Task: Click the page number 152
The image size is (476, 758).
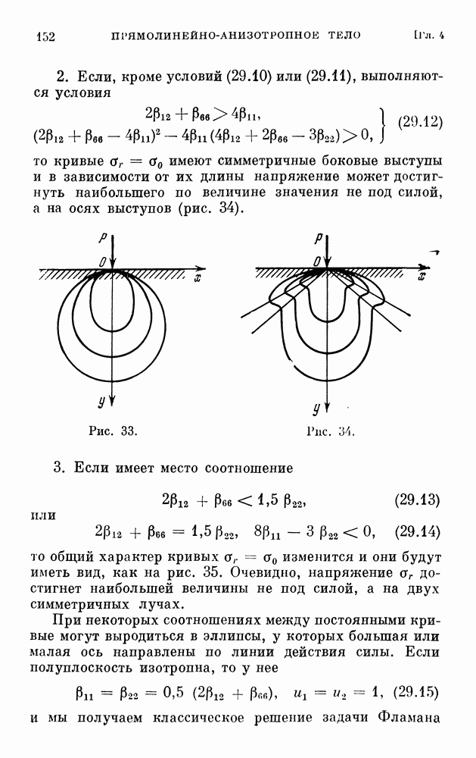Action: coord(46,36)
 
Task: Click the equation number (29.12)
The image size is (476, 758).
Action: coord(420,121)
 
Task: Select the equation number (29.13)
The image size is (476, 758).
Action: coord(417,500)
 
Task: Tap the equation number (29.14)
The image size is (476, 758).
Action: coord(417,532)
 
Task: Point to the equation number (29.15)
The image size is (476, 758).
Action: coord(415,693)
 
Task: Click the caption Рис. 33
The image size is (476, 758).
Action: coord(114,431)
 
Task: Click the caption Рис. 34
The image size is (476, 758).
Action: coord(331,431)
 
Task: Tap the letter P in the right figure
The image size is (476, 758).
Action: coord(318,238)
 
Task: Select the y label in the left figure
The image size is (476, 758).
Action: coord(101,401)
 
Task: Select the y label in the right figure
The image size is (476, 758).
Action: coord(316,409)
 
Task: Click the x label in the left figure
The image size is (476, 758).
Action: coord(198,278)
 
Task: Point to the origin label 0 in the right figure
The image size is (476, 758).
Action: coord(317,262)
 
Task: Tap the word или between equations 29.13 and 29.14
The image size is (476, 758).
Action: coord(43,515)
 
